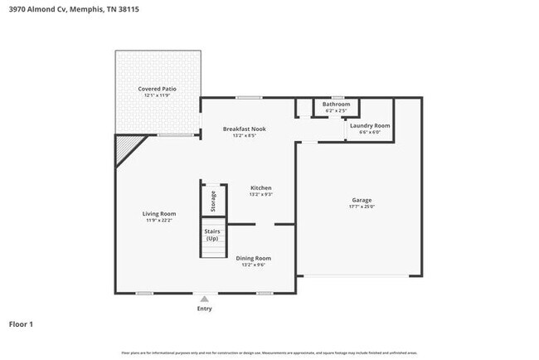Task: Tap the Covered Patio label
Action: pos(158,89)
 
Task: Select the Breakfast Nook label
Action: pos(244,129)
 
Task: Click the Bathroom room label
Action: pos(336,104)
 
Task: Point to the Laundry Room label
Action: pos(369,125)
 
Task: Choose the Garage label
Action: pos(362,200)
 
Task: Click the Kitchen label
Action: pos(261,187)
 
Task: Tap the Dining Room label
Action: pos(254,258)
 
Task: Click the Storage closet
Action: pos(213,200)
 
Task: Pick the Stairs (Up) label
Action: pos(212,235)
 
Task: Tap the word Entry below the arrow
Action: pos(204,309)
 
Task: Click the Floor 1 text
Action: pos(21,324)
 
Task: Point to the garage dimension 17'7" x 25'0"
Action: pos(362,207)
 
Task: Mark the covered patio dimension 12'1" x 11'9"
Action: pos(158,96)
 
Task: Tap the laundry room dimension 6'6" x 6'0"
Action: pos(369,132)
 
